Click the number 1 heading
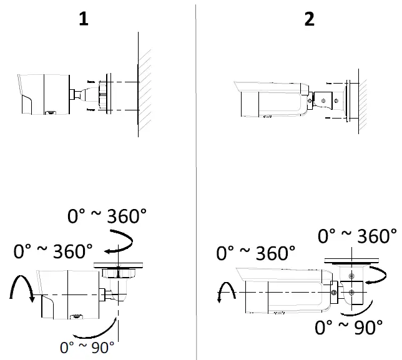pos(83,19)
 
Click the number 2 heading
pos(309,19)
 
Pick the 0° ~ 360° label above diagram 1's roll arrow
pos(52,252)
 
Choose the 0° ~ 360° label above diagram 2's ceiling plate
pos(357,236)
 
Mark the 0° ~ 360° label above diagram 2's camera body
pos(255,253)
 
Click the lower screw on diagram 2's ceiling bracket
pos(352,291)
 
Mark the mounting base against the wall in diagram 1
pos(104,95)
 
